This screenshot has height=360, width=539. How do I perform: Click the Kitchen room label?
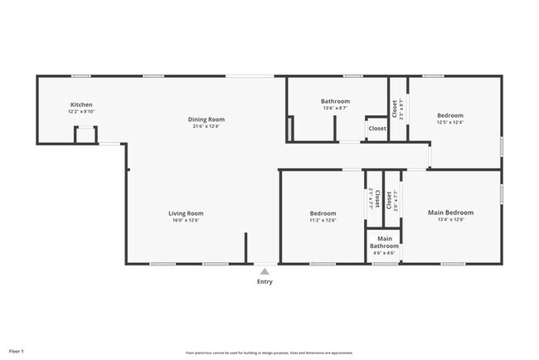81,105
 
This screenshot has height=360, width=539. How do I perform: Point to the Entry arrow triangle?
264,270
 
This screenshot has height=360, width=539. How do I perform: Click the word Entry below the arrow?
264,281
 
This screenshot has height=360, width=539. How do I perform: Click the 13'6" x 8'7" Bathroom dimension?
336,108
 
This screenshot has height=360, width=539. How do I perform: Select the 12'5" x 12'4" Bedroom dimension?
450,122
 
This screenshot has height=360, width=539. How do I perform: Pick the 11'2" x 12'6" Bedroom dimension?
323,220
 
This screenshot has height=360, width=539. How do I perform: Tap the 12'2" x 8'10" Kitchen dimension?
81,111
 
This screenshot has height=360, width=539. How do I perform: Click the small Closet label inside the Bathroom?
377,129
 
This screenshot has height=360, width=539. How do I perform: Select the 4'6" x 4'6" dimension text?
384,253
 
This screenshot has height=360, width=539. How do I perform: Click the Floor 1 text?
16,352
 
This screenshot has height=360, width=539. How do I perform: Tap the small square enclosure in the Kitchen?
85,134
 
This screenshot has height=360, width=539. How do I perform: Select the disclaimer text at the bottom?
269,353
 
